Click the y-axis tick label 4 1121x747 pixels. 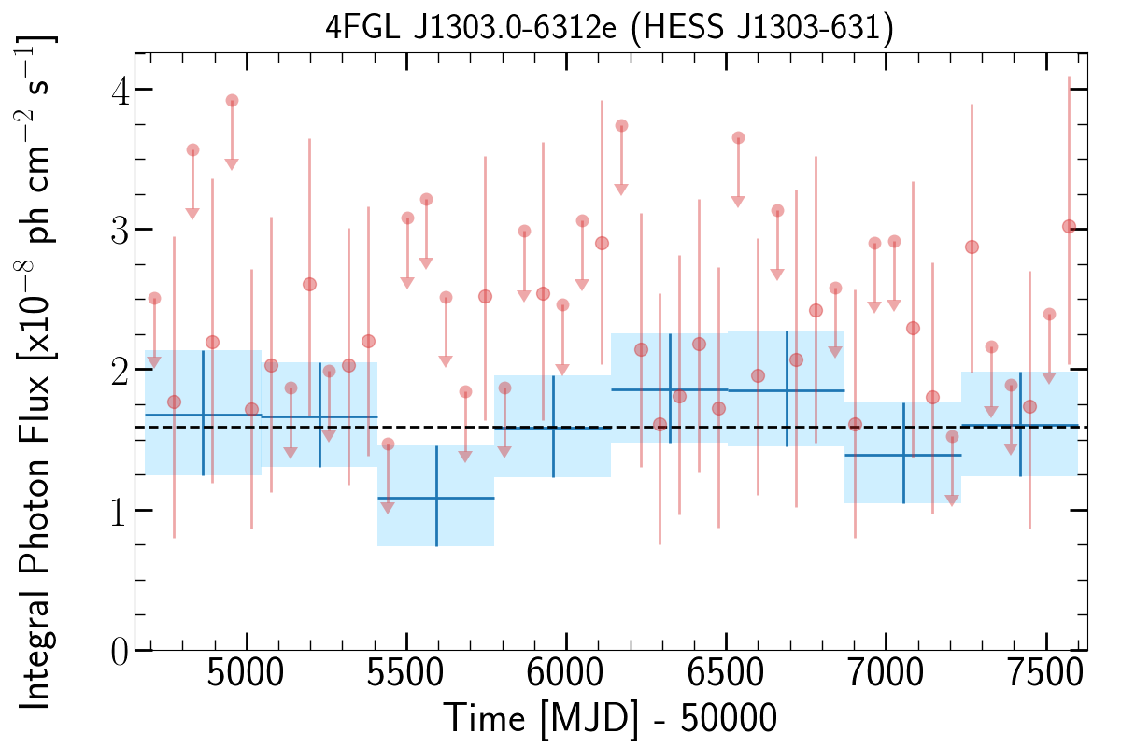tap(118, 90)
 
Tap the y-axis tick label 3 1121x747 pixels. tap(118, 230)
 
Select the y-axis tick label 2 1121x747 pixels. tap(118, 370)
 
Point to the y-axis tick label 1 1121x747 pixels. tap(118, 510)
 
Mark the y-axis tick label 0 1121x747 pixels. tap(118, 651)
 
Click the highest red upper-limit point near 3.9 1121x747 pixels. tap(232, 101)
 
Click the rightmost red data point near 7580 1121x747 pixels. tap(1069, 226)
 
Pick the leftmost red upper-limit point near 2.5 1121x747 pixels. tap(154, 298)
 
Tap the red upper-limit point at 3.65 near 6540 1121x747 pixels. tap(738, 138)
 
